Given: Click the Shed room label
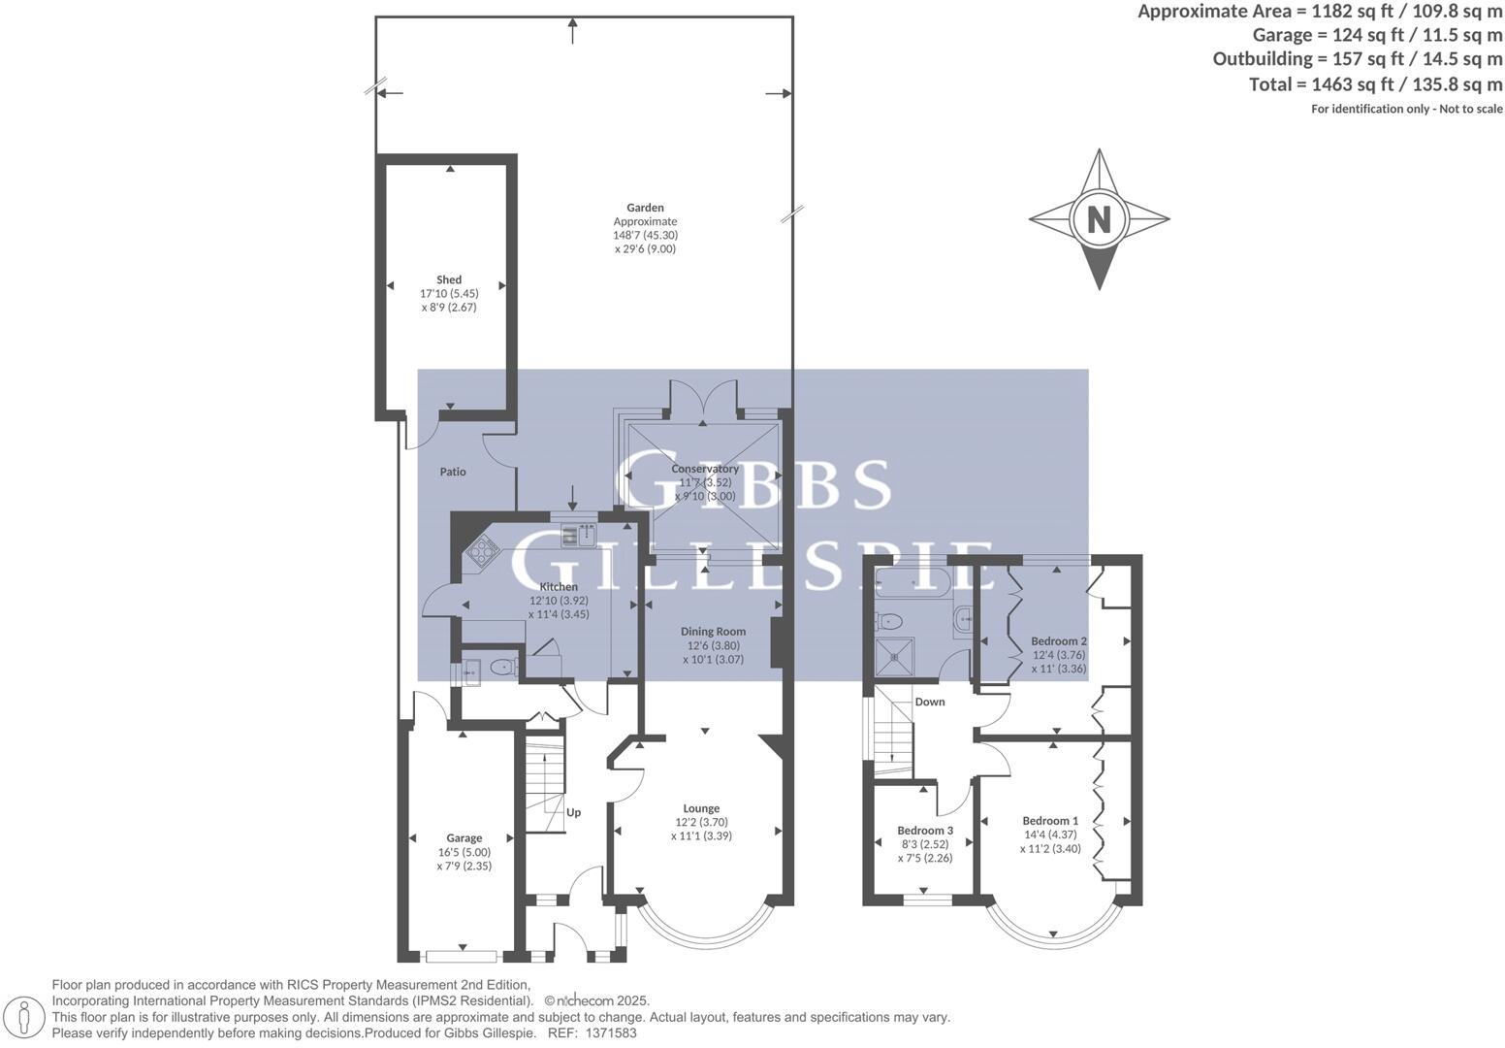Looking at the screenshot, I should point(448,279).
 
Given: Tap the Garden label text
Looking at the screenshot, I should point(645,208).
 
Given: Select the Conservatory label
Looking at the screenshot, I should point(705,469).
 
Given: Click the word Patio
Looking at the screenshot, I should point(453,472).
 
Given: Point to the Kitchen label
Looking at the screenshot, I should point(559,587).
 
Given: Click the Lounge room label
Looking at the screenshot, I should point(701,808).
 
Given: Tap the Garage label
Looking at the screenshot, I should point(464,838).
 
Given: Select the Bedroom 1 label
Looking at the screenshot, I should point(1050,821).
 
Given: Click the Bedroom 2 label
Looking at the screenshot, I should point(1058,641).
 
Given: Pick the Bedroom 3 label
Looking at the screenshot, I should point(925,831).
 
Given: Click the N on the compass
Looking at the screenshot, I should point(1099,221).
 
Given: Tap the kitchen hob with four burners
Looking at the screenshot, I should point(481,552).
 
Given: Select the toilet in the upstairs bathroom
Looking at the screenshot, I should point(890,621).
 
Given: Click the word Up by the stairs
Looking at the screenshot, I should point(573,812).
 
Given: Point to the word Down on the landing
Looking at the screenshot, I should point(929,702).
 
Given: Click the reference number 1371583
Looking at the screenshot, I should point(611,1033).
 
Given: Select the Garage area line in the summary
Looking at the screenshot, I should point(1377,35).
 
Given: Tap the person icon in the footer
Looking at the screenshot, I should point(26,1018).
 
